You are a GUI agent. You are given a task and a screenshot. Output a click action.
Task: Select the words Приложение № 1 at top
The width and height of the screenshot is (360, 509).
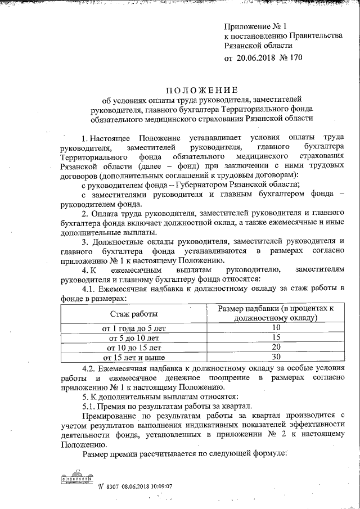tap(247, 26)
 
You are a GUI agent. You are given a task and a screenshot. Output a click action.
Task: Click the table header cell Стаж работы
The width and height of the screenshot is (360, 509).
tap(133, 313)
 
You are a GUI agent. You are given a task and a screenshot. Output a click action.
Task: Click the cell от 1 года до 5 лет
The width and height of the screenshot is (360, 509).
tap(133, 327)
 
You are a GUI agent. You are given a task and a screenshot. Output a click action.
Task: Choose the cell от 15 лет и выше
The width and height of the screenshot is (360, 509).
tap(133, 357)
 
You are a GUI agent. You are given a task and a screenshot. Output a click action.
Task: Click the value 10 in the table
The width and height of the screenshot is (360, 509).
tap(276, 327)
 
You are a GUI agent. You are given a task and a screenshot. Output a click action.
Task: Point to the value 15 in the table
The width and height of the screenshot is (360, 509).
tap(276, 337)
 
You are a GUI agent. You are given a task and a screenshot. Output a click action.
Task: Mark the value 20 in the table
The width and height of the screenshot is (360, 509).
tap(276, 347)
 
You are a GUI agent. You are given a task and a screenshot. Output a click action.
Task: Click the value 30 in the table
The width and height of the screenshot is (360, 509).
tap(276, 357)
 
